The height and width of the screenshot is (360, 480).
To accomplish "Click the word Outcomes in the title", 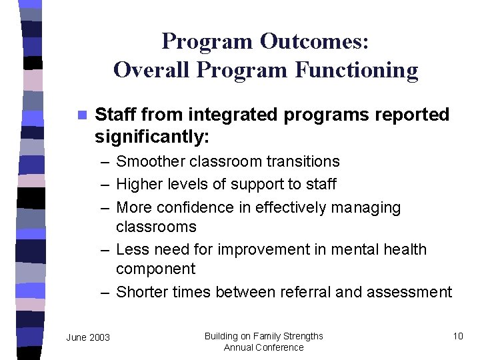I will coord(314,41).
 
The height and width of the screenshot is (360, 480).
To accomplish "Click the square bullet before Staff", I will coord(82,115).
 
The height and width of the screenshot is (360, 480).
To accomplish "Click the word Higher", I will coord(139,183).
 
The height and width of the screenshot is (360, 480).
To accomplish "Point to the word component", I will coord(155,269).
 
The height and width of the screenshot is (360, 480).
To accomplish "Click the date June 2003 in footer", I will coord(88,337).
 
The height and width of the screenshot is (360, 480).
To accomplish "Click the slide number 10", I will coord(457,336).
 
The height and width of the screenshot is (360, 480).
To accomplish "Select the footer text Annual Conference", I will coord(263,347).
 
